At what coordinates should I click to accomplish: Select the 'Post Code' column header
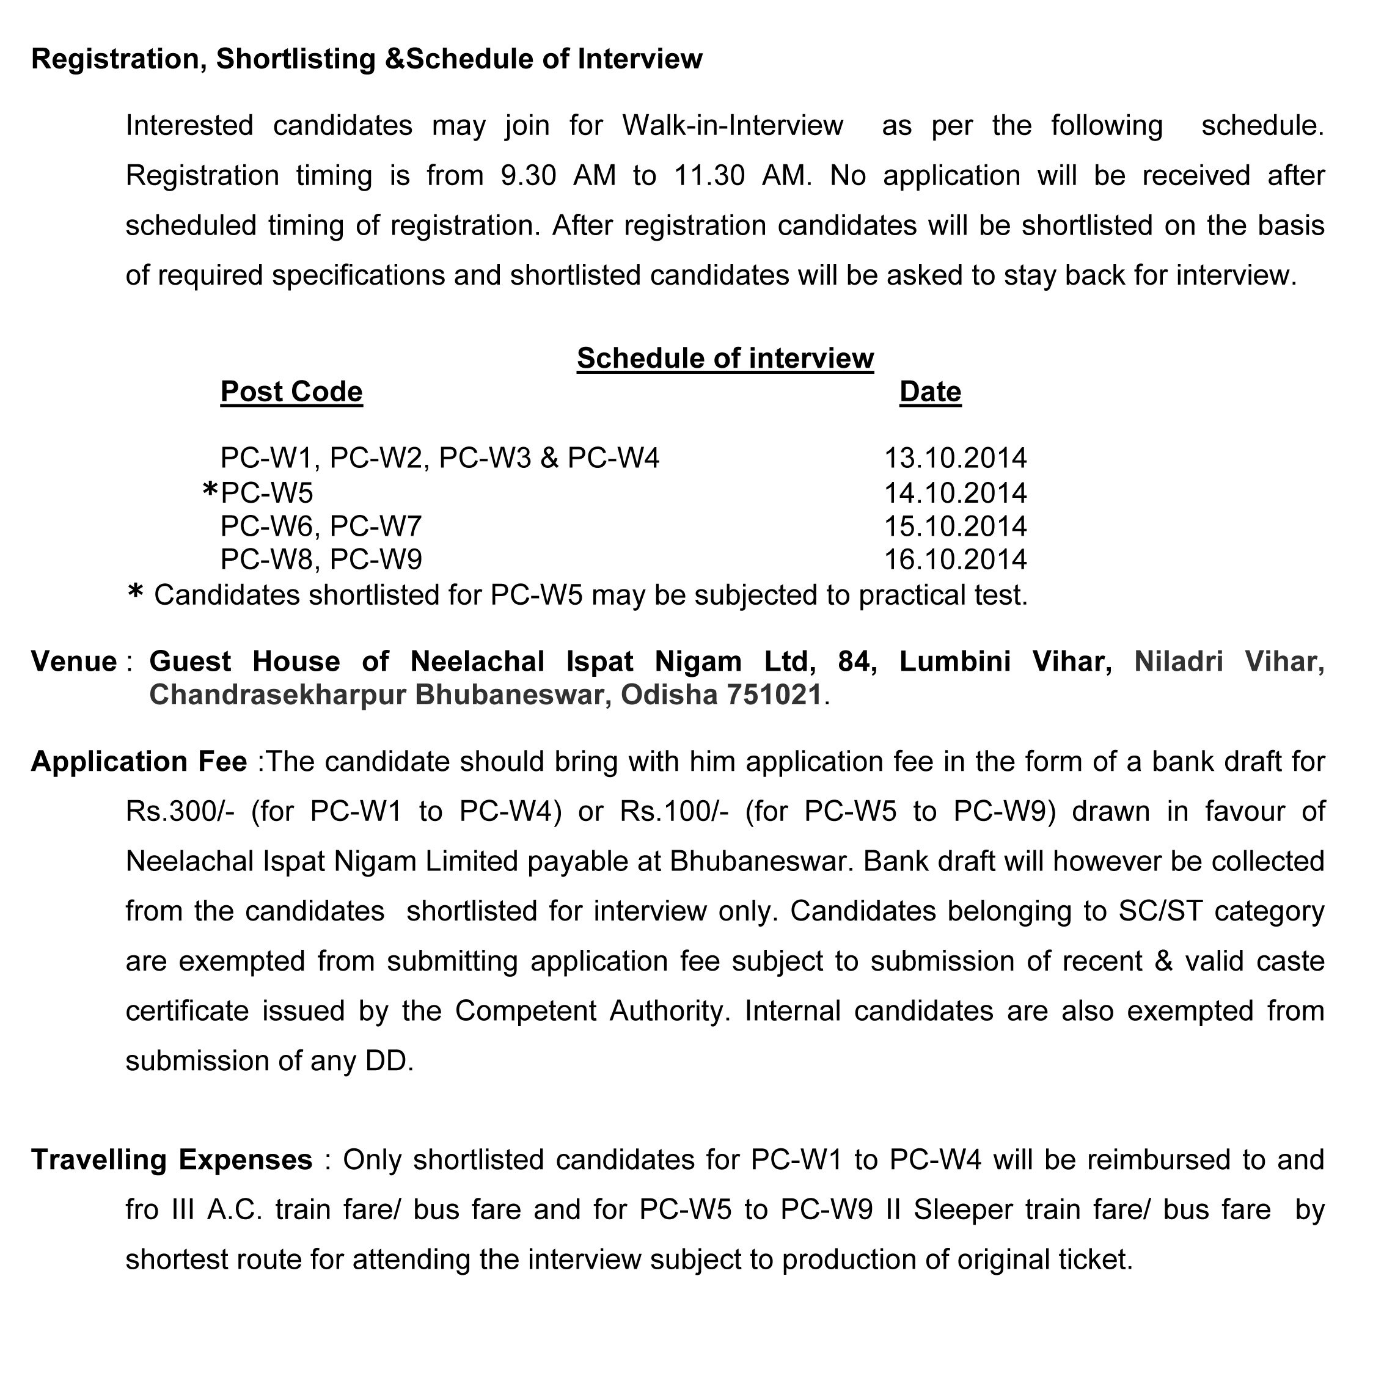[x=291, y=392]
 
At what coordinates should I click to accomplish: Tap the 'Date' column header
[x=930, y=392]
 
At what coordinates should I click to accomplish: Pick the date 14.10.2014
[x=955, y=493]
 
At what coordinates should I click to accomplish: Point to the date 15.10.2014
[x=955, y=527]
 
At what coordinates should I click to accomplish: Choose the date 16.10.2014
[x=955, y=560]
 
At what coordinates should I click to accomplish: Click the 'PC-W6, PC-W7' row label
[x=321, y=527]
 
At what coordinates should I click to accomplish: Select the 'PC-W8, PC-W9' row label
[x=321, y=560]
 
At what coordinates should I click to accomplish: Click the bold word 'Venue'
[x=74, y=662]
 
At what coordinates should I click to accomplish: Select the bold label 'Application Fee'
[x=139, y=762]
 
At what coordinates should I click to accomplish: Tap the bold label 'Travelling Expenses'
[x=171, y=1160]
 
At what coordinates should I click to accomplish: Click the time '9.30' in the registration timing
[x=528, y=176]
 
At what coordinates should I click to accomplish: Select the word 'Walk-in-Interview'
[x=732, y=126]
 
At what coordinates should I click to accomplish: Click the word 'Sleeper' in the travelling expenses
[x=958, y=1210]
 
